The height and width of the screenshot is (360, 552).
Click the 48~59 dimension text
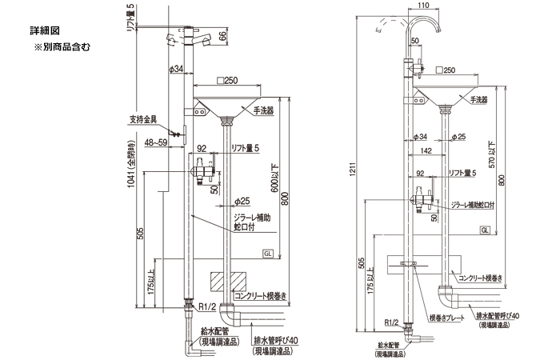[157, 143]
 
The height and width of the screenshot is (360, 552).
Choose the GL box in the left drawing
[268, 254]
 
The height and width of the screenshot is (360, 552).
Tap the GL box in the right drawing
[485, 230]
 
